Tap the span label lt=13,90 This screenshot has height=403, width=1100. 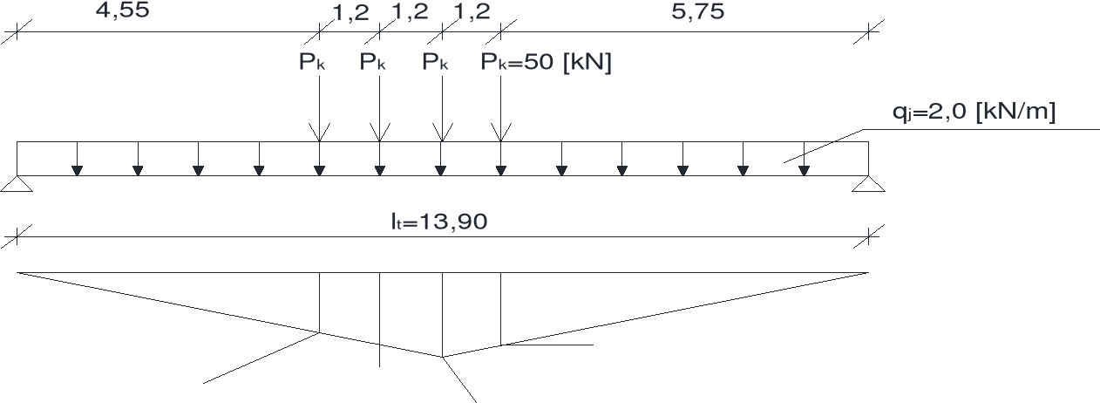tap(438, 222)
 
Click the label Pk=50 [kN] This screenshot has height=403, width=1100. tap(547, 63)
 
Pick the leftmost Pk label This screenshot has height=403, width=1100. tap(312, 63)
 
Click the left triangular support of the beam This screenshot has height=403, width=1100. tap(17, 183)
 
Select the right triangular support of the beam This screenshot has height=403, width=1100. tap(868, 183)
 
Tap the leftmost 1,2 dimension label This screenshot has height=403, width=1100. tap(350, 13)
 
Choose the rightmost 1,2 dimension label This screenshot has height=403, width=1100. tap(472, 13)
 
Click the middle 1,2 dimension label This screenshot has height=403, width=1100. tap(411, 13)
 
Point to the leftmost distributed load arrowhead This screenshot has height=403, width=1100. tap(78, 169)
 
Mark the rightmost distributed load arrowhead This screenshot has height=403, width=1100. tap(803, 169)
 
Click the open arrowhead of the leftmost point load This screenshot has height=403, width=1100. tap(320, 133)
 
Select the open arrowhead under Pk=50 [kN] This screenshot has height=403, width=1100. tap(500, 133)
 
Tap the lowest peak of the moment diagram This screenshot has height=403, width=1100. tap(443, 356)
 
